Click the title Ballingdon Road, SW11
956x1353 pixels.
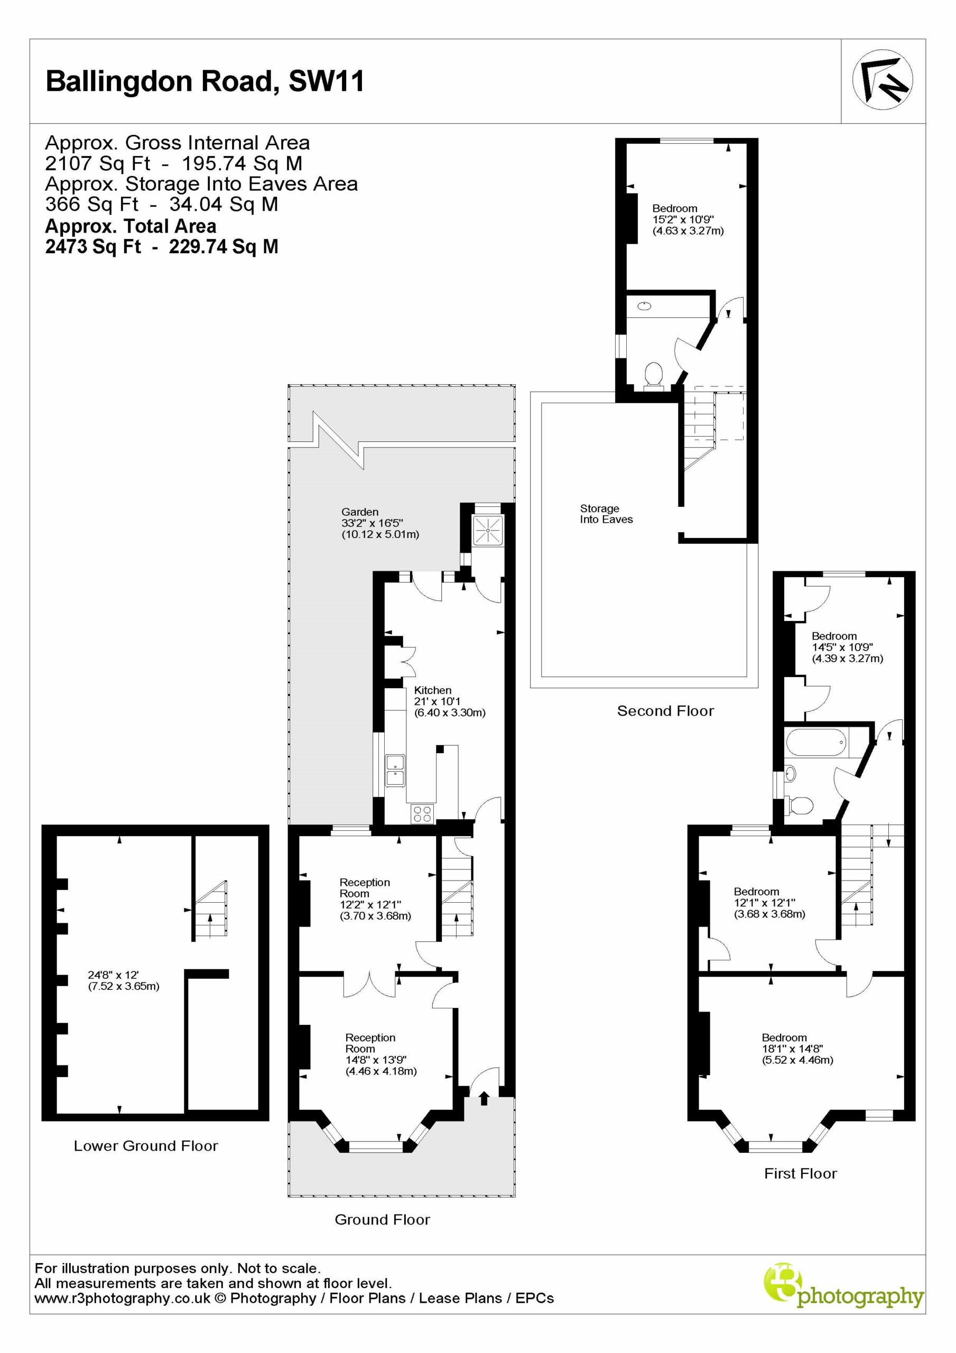pos(205,81)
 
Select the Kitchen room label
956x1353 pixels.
pos(433,690)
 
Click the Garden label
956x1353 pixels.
pos(359,512)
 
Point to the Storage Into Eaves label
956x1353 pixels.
pos(606,514)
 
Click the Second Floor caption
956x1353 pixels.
pos(665,711)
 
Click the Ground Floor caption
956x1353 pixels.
pos(383,1219)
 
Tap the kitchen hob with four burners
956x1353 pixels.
pos(422,814)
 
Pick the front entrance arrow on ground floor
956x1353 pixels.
pos(485,1098)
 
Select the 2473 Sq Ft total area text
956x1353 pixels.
pos(162,246)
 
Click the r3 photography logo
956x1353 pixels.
pos(843,1296)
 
